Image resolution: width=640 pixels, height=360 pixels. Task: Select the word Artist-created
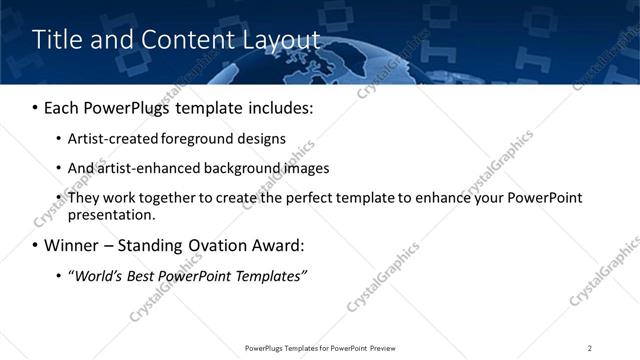pyautogui.click(x=109, y=139)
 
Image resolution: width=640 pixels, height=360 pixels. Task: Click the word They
pyautogui.click(x=83, y=197)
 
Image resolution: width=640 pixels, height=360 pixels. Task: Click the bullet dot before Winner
pyautogui.click(x=35, y=246)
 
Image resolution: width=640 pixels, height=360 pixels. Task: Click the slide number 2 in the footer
pyautogui.click(x=589, y=347)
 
